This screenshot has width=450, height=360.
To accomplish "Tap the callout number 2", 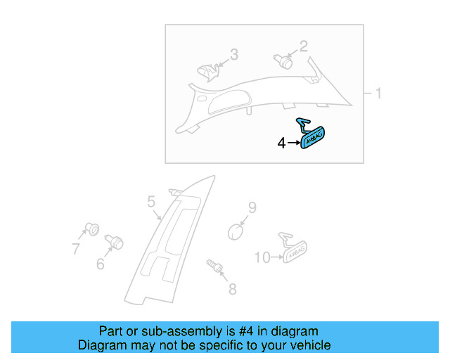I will click(303, 46).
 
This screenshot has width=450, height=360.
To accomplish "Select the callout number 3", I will click(234, 54).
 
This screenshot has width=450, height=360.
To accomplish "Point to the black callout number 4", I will click(282, 143).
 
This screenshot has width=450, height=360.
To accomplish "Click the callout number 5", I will click(151, 202).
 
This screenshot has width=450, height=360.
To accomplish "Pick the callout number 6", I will click(100, 264).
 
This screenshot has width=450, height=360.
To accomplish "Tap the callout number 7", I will click(75, 247).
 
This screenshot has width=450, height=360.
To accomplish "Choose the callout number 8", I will click(231, 288).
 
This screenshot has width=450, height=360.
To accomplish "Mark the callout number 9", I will click(252, 207).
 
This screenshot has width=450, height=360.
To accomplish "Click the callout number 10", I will click(262, 258).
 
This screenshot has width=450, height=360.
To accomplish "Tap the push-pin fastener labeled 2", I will click(284, 60).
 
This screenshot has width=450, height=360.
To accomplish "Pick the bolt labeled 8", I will click(214, 266).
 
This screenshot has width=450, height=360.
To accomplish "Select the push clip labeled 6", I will click(114, 243).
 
